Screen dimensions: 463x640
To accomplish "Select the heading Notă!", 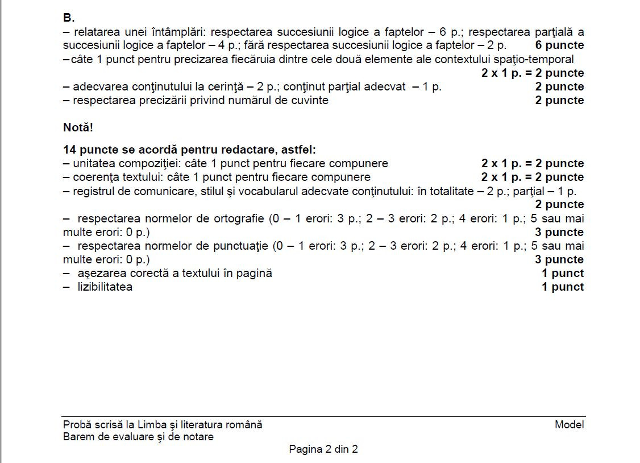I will pyautogui.click(x=78, y=127).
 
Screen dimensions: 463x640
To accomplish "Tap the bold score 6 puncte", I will pyautogui.click(x=559, y=45).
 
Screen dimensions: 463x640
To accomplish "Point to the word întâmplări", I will pyautogui.click(x=179, y=31).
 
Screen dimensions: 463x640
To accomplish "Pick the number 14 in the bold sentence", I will pyautogui.click(x=69, y=150).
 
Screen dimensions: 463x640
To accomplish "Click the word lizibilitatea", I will pyautogui.click(x=105, y=287).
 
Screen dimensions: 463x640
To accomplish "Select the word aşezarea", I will pyautogui.click(x=100, y=274).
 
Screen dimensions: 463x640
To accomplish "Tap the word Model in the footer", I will pyautogui.click(x=569, y=425).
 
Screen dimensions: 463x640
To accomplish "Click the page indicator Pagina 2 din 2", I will pyautogui.click(x=323, y=449).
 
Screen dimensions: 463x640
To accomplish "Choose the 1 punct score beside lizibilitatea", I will pyautogui.click(x=562, y=287).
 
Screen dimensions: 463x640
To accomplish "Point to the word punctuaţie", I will pyautogui.click(x=242, y=246).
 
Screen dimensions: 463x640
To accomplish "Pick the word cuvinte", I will pyautogui.click(x=309, y=101).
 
